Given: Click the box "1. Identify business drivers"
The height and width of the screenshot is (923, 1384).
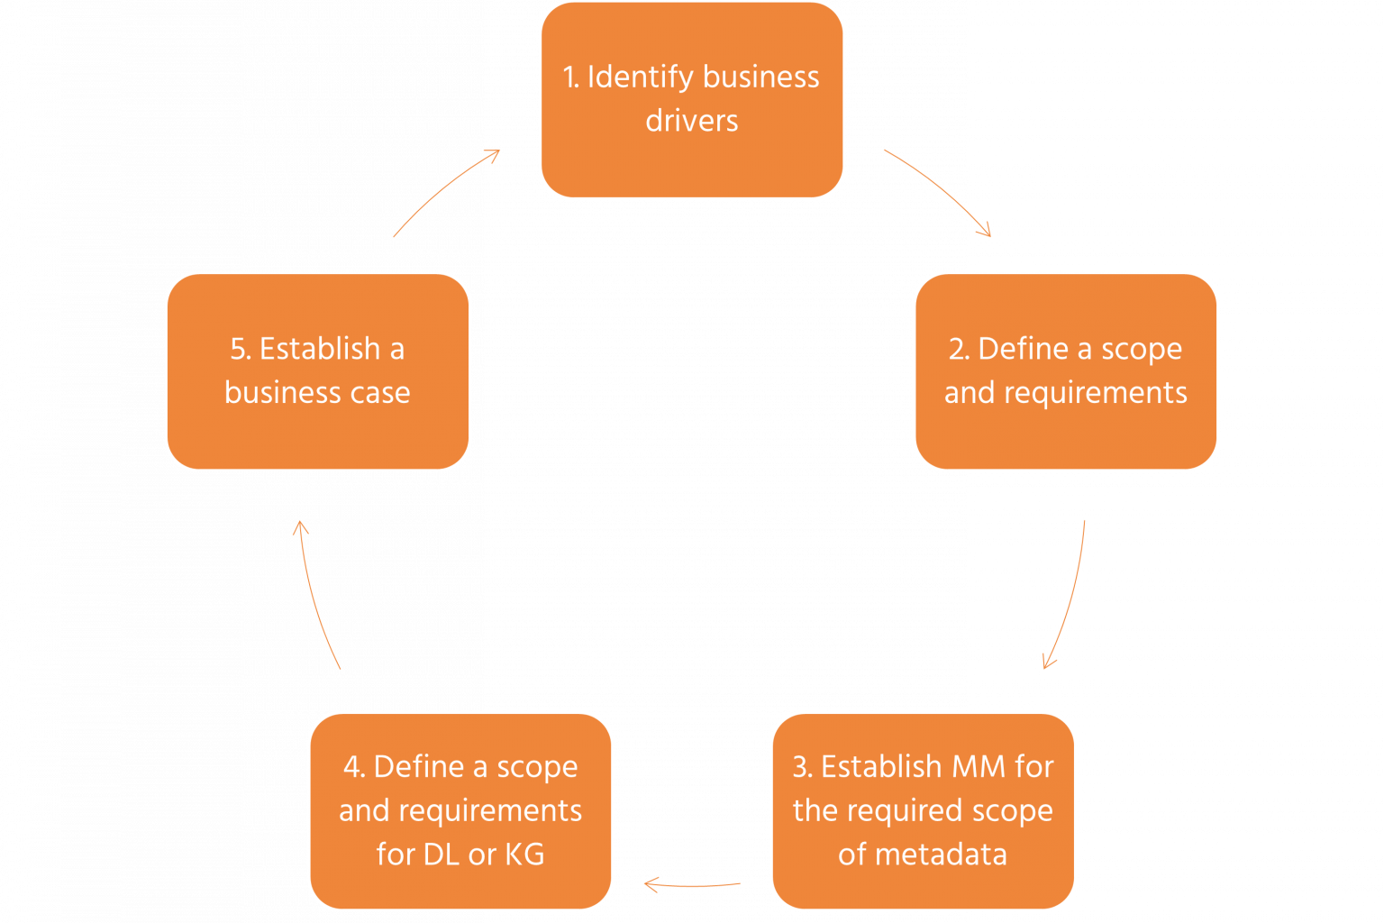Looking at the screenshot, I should tap(691, 99).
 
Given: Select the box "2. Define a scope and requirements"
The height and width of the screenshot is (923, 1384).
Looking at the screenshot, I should tap(1065, 370).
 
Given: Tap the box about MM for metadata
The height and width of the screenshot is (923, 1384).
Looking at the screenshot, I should tap(923, 810).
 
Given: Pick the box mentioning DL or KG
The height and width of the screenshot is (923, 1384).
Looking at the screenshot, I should tap(460, 810).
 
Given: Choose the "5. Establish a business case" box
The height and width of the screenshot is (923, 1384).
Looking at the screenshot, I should tap(317, 370).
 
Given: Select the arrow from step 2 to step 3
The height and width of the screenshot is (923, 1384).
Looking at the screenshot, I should tap(1069, 595).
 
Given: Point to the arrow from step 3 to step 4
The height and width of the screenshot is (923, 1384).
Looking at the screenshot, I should tap(692, 885).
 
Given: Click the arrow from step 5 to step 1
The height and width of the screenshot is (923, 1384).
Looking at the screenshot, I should tap(446, 191).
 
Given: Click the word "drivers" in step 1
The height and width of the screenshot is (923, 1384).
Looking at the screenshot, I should tap(691, 121).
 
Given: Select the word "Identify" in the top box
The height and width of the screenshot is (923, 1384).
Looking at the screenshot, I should tap(641, 78).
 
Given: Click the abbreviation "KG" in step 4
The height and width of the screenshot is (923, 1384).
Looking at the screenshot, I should tap(524, 854).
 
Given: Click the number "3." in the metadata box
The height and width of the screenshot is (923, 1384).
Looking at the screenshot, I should tap(803, 767).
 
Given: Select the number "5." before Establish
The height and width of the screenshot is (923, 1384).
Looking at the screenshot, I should tap(241, 349).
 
